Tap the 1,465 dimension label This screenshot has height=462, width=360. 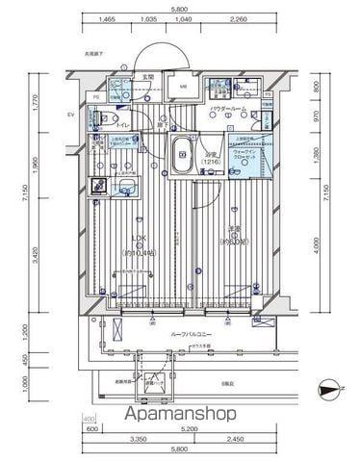point(106,19)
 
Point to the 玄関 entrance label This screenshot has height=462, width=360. point(148,76)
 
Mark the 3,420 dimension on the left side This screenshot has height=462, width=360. point(35,254)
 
